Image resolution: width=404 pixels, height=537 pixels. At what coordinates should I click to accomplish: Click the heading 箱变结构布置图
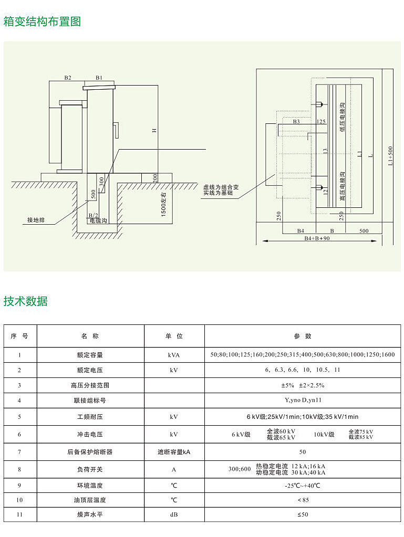[x=42, y=22]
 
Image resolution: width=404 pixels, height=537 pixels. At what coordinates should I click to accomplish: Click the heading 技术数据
[x=26, y=301]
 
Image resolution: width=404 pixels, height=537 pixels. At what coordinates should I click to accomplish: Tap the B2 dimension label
[x=68, y=78]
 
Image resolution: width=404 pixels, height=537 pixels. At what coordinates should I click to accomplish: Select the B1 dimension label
[x=99, y=78]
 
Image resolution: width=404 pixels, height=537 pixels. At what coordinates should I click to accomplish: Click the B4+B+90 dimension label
[x=317, y=238]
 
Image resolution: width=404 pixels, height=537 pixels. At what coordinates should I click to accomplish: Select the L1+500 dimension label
[x=390, y=157]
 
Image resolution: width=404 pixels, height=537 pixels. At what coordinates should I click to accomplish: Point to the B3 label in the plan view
[x=296, y=121]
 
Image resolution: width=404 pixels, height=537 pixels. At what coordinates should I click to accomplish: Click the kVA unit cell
[x=174, y=355]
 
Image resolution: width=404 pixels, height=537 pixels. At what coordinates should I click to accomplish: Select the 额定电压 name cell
[x=90, y=370]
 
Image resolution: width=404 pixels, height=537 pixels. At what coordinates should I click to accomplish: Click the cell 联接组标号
[x=90, y=401]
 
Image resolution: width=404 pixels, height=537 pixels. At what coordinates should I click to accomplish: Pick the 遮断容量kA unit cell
[x=174, y=451]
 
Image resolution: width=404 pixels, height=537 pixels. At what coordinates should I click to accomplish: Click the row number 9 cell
[x=19, y=485]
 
